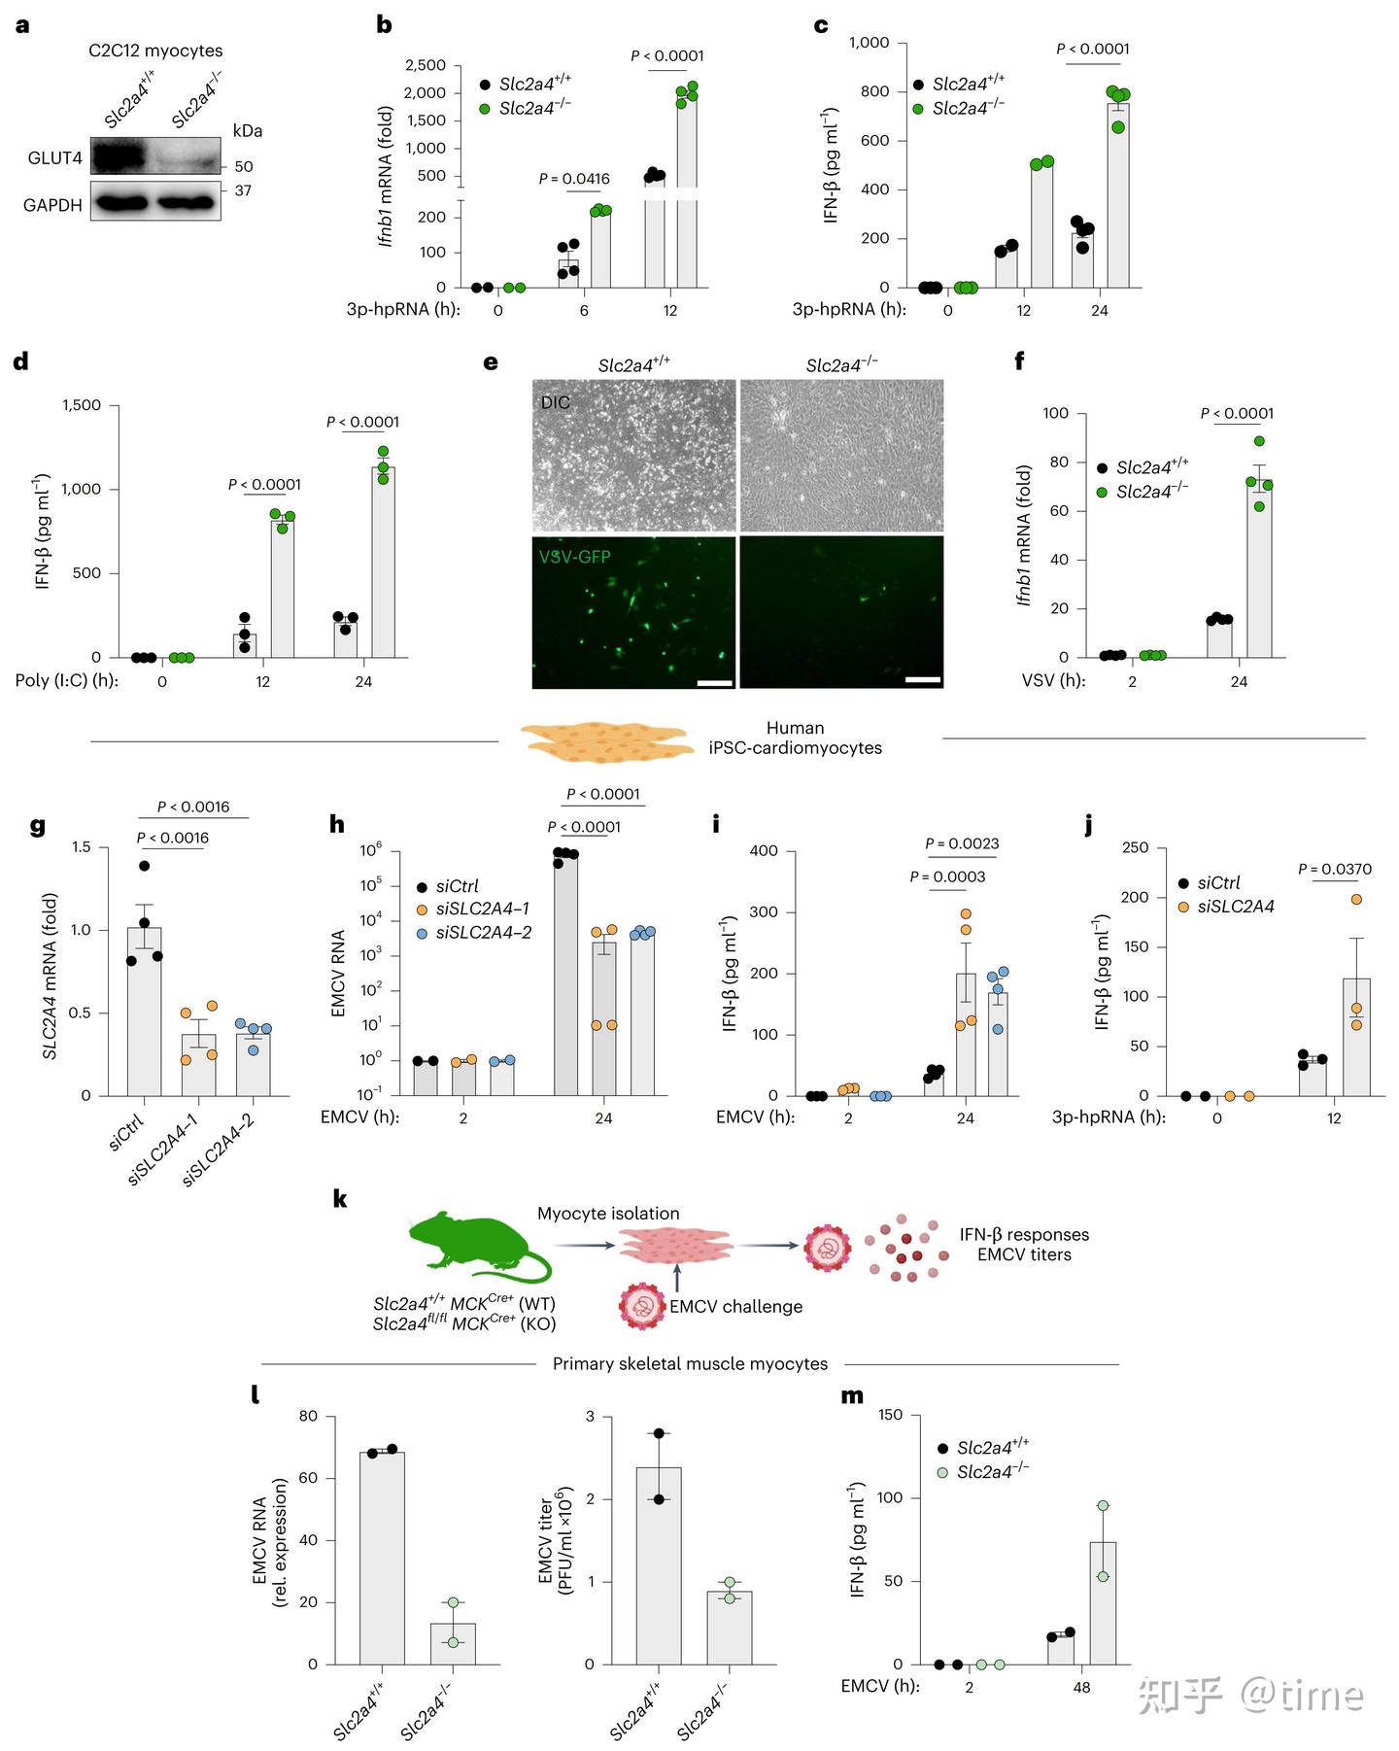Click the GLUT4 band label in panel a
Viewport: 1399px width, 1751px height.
pos(54,157)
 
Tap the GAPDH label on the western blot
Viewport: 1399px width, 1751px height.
pos(52,205)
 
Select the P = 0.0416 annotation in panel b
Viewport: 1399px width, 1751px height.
pos(574,179)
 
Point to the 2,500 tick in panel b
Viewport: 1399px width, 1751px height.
pos(426,65)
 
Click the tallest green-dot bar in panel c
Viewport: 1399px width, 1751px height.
pos(1118,194)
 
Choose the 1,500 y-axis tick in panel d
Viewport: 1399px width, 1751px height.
pos(81,405)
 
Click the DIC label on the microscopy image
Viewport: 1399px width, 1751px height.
pos(556,402)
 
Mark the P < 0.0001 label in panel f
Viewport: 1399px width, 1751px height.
pos(1237,413)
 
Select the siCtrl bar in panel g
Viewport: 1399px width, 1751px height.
pos(144,1011)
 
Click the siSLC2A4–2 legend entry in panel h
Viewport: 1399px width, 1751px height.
pos(483,933)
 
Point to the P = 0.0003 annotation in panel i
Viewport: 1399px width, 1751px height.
pos(947,876)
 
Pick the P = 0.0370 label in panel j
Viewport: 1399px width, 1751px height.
pos(1335,869)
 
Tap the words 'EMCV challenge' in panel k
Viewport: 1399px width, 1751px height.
pos(735,1307)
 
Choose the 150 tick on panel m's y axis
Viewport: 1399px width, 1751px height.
pos(891,1416)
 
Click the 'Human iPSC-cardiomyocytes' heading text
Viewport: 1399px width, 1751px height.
pos(795,738)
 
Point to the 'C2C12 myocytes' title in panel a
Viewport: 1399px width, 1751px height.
pos(155,51)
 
